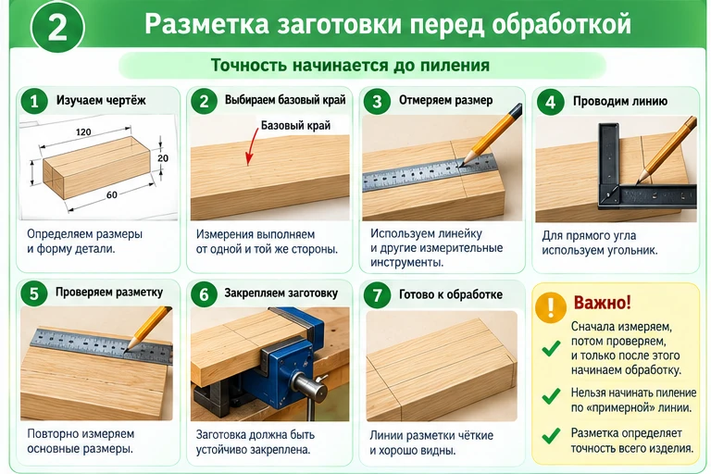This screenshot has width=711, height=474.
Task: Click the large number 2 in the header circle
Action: tap(57, 27)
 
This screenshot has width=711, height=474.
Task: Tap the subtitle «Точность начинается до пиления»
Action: tap(350, 65)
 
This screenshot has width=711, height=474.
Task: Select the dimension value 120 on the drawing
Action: tap(83, 132)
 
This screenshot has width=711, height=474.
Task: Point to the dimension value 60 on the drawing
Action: tap(111, 194)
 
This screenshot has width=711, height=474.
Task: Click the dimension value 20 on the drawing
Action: tap(163, 158)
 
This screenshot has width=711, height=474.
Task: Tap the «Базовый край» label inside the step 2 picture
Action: tap(295, 125)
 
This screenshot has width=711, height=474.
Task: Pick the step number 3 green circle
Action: tap(377, 101)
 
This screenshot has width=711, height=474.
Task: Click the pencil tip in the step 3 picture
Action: tap(461, 166)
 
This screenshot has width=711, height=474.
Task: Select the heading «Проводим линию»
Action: tap(620, 101)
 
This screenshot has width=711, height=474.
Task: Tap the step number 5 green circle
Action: tap(34, 293)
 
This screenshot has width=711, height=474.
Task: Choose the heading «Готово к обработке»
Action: tap(451, 294)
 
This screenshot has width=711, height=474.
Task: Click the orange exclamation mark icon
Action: tap(550, 307)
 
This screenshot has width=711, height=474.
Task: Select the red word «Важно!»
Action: tap(602, 303)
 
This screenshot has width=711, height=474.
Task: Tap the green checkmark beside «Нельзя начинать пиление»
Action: tap(551, 396)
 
